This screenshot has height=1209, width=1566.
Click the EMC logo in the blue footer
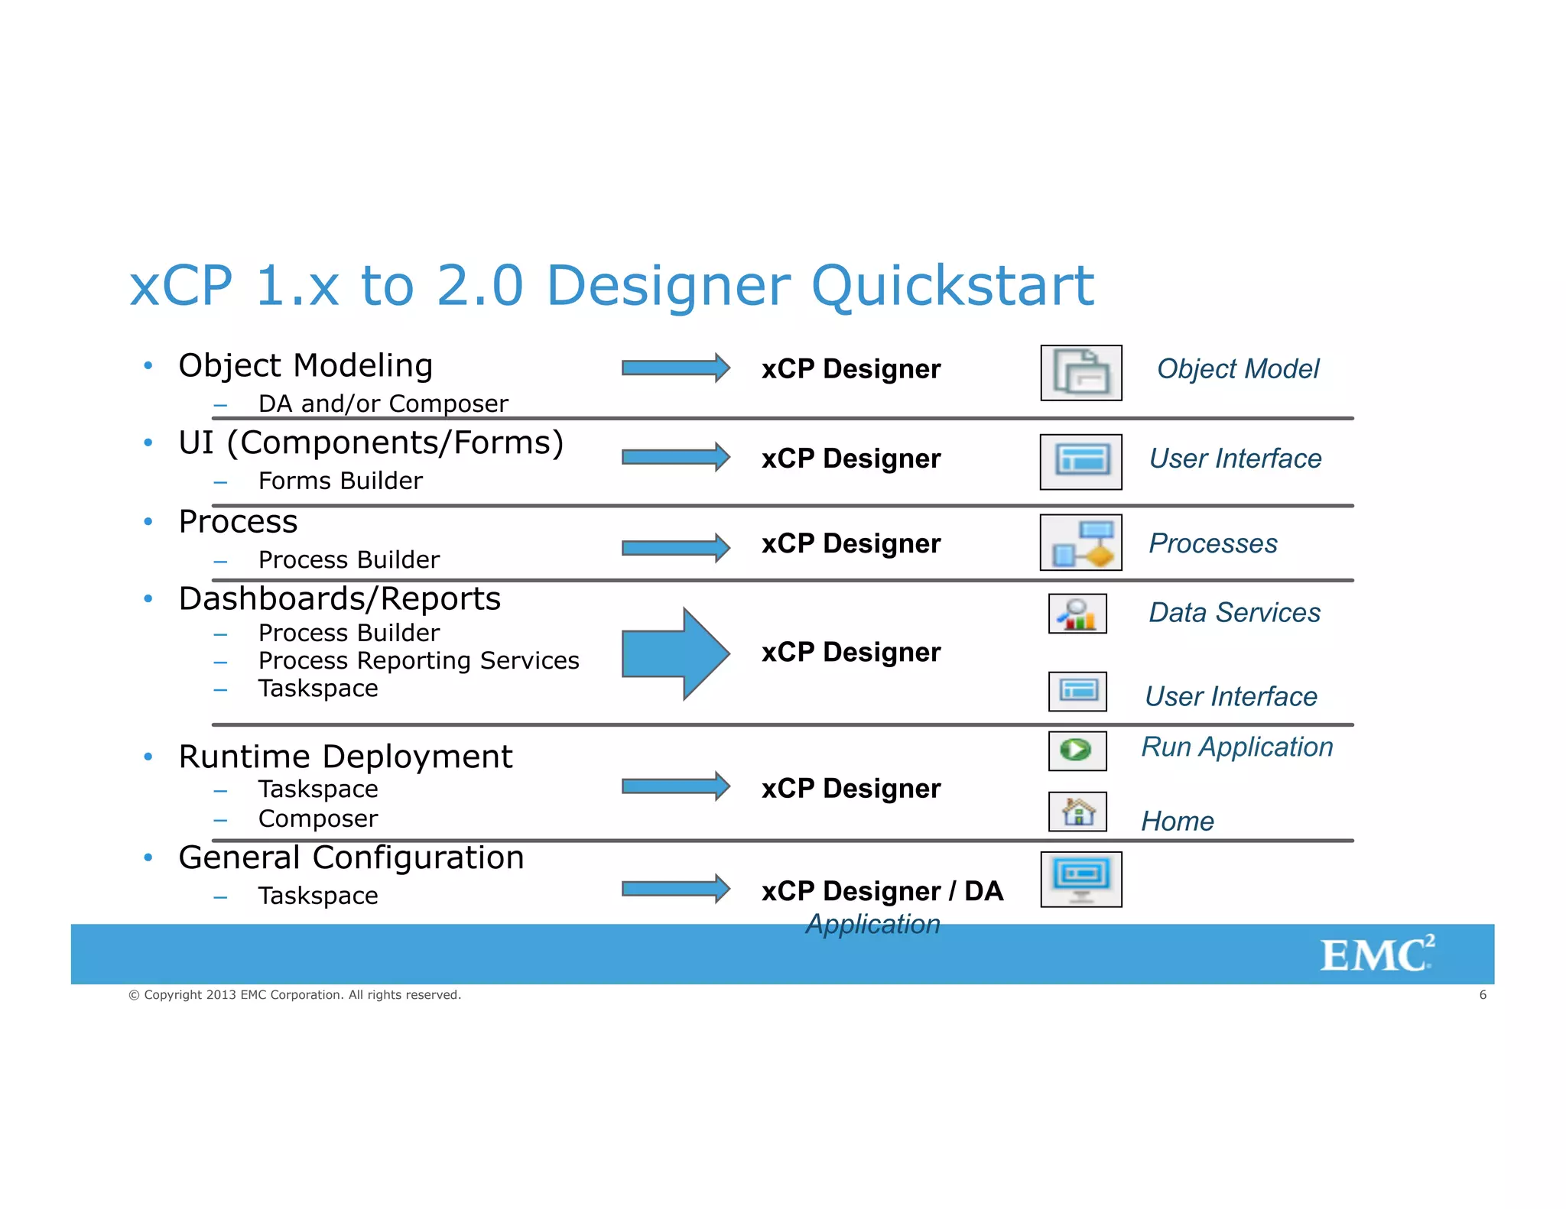tap(1376, 955)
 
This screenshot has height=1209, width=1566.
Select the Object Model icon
tap(1080, 373)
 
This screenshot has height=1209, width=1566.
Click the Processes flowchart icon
tap(1080, 543)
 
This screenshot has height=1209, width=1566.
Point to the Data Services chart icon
tap(1077, 614)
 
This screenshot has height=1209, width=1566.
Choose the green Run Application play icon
tap(1077, 750)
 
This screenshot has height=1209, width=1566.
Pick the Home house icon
tap(1077, 812)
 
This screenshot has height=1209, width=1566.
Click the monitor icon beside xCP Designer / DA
tap(1080, 880)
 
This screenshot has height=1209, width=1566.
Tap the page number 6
tap(1483, 995)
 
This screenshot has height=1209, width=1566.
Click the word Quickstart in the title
tap(952, 286)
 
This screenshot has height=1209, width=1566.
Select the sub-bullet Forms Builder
tap(340, 481)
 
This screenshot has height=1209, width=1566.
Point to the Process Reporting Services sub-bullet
tap(418, 660)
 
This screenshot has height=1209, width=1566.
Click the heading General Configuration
tap(351, 857)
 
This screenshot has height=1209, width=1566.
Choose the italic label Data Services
tap(1234, 613)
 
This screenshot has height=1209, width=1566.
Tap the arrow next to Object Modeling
tap(675, 368)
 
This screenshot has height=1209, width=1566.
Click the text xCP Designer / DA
tap(882, 891)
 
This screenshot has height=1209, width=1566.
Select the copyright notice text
tap(294, 995)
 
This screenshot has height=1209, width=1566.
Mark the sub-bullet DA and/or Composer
tap(383, 404)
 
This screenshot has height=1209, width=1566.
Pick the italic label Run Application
tap(1236, 747)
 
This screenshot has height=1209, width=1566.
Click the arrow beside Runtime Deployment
tap(675, 786)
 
